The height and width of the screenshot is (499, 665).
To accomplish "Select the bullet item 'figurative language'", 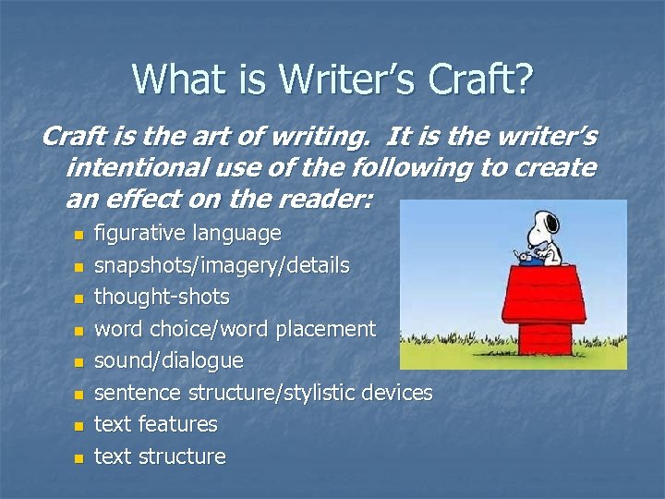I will click(x=187, y=234).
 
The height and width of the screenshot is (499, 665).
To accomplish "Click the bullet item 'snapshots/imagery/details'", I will click(x=222, y=266).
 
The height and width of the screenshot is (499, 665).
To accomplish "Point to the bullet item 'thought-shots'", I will click(x=162, y=298).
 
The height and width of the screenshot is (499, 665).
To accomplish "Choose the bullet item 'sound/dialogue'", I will click(x=169, y=360).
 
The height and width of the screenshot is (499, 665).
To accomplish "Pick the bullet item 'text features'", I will click(x=156, y=424).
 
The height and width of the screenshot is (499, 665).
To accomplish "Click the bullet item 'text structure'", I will click(x=160, y=456).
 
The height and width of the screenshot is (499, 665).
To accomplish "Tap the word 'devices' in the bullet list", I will click(x=397, y=393).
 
